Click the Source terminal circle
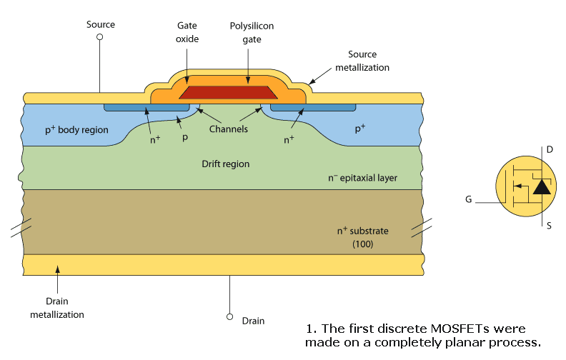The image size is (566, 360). click(99, 36)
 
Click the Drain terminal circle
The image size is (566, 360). click(230, 316)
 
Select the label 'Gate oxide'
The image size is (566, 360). click(187, 32)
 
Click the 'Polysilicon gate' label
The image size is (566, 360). click(252, 32)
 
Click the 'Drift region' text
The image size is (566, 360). click(226, 164)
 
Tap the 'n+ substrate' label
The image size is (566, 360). click(362, 231)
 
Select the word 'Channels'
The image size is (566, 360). click(228, 129)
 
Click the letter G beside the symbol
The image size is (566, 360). click(468, 199)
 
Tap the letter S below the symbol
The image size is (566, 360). click(549, 226)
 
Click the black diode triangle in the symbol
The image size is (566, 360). click(542, 187)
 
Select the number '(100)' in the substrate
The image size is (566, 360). click(362, 244)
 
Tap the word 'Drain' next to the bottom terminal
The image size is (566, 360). click(253, 321)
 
